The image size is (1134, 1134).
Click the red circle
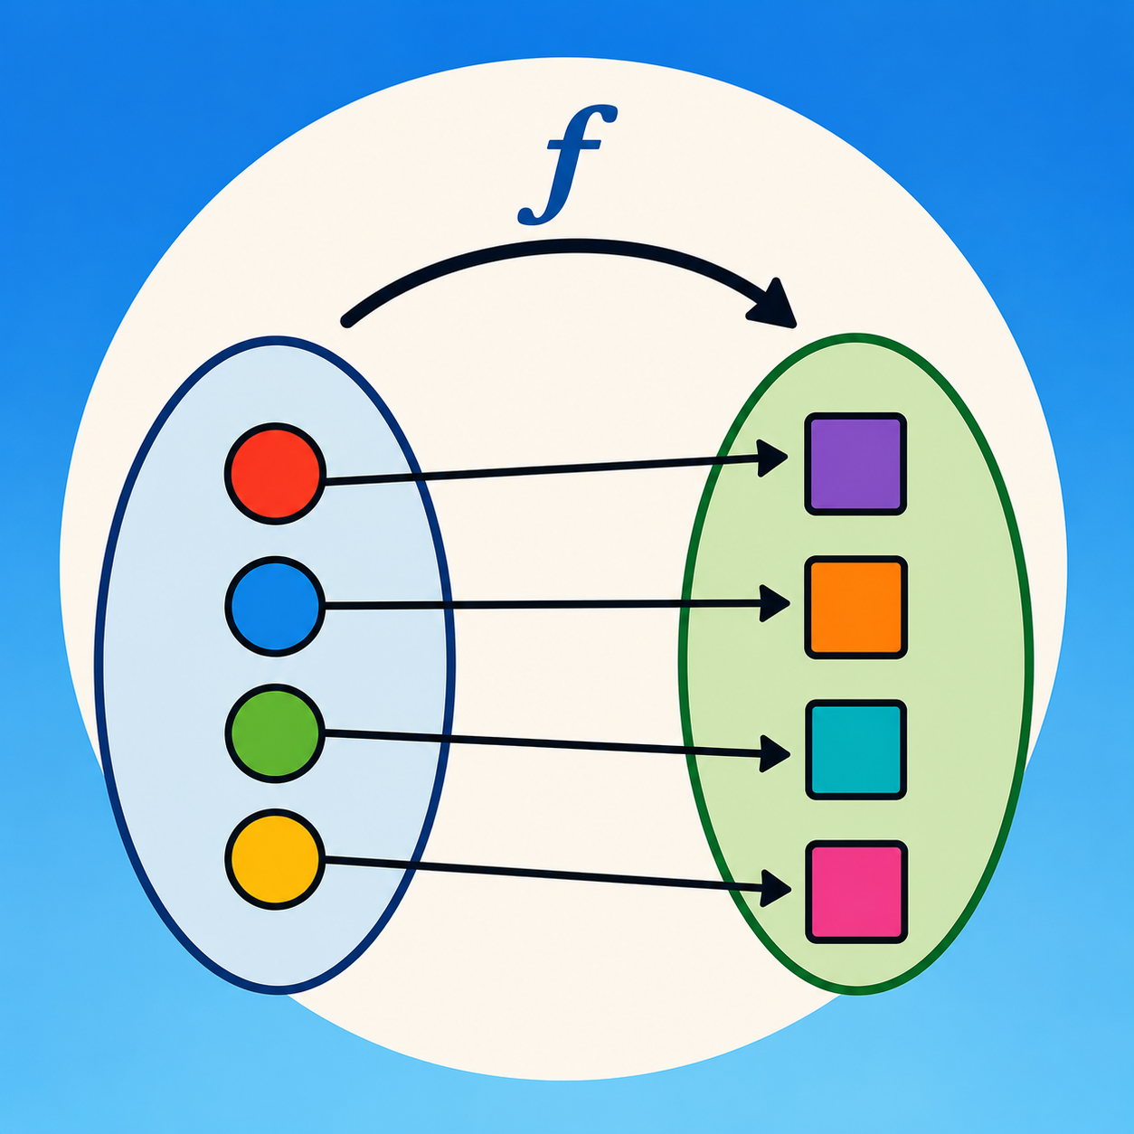point(275,473)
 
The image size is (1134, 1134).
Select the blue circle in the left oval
point(275,606)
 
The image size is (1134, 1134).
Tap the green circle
point(275,733)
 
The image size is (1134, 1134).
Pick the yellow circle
point(275,860)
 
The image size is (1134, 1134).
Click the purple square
point(855,464)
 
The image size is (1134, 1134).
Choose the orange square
point(855,608)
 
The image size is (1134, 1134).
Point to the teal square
point(855,750)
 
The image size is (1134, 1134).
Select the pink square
point(855,893)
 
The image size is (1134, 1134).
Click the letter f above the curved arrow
point(567,165)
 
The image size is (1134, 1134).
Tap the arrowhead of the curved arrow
point(774,306)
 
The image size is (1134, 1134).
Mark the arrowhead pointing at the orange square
point(774,603)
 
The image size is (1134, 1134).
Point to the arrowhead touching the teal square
point(774,754)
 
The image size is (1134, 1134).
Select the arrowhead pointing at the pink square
point(774,888)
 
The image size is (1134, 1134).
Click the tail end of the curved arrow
point(347,321)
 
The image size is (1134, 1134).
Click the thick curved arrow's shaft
point(565,247)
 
